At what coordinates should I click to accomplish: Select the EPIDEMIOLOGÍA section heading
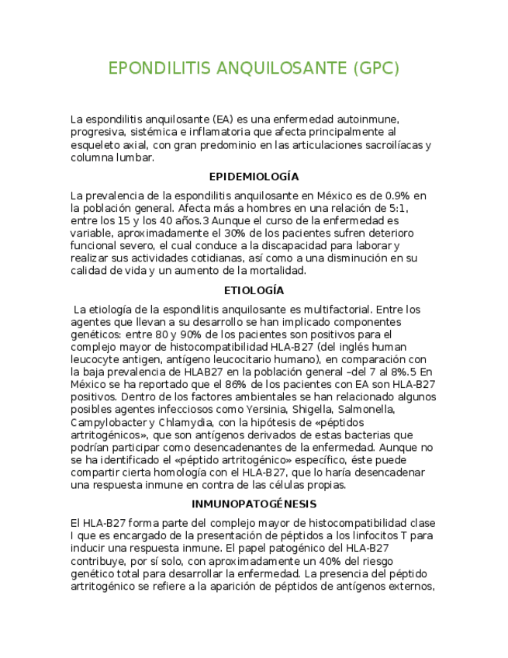tap(254, 177)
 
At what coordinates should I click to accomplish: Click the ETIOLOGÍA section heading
tap(254, 290)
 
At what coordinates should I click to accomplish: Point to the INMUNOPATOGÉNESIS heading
tap(254, 504)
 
